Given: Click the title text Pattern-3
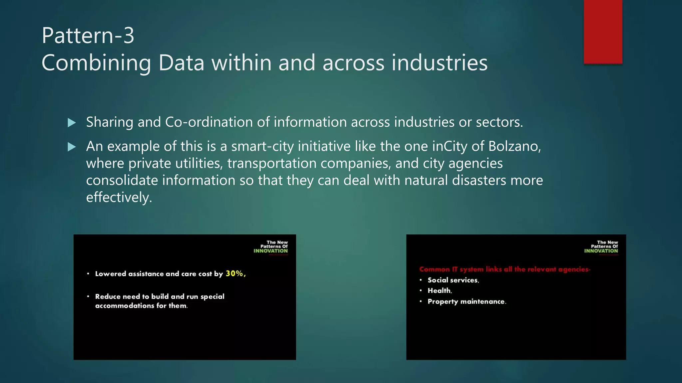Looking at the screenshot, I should coord(88,35).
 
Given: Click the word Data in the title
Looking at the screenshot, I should coord(181,63).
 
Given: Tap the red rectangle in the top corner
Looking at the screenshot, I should coord(603,32).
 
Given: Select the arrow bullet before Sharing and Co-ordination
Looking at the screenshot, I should coord(72,123).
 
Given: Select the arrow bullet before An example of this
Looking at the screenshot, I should coord(72,147).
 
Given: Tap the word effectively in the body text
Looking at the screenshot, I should coord(119,197).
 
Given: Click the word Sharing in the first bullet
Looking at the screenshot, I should coord(110,122).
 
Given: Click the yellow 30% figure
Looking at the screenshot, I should coord(235,274).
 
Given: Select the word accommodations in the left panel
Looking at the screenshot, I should coord(125,306).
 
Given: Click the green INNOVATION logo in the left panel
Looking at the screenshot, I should coord(270,251).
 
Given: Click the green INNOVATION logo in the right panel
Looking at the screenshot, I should coord(601,251).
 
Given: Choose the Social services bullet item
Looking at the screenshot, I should coord(453,280).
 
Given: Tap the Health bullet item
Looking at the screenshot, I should coord(440,291).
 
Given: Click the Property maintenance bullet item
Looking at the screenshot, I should coord(467,302).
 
